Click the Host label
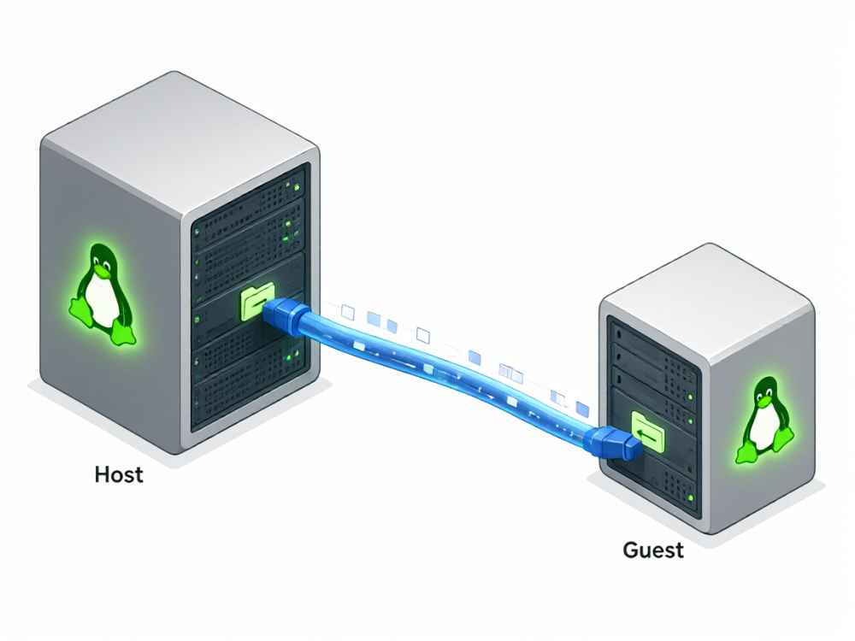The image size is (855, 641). click(119, 474)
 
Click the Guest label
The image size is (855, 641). click(652, 550)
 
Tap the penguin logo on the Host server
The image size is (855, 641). click(103, 294)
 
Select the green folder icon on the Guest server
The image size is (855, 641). click(648, 432)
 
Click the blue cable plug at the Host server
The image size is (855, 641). click(286, 315)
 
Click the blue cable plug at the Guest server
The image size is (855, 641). click(613, 442)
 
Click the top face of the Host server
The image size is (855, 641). click(180, 143)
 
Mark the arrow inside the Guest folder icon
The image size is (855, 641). click(648, 434)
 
